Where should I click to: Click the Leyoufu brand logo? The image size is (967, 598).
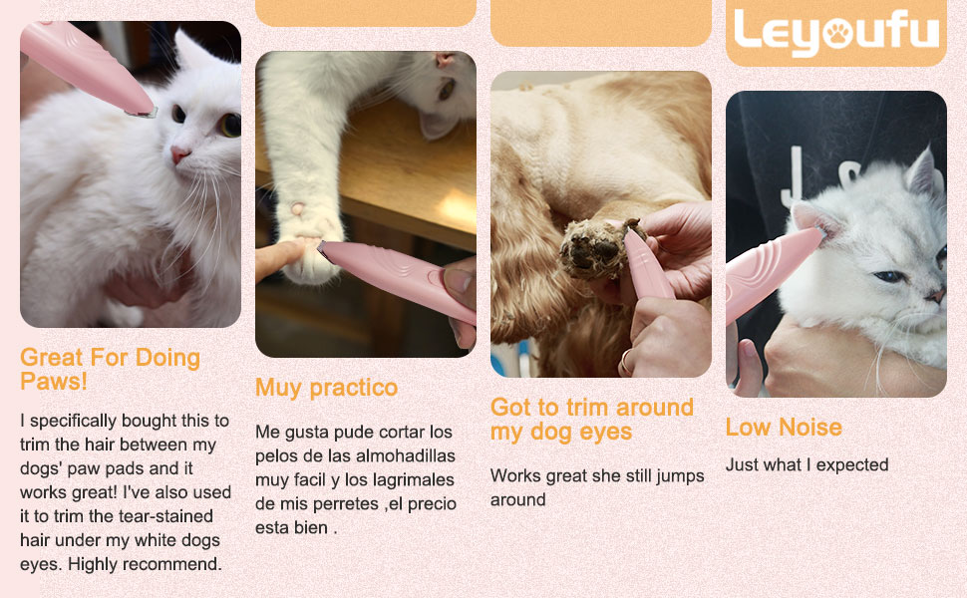836,32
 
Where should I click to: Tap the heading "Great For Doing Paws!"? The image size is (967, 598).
110,370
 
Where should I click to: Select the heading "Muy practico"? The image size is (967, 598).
326,388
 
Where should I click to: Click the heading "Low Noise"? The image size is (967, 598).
784,428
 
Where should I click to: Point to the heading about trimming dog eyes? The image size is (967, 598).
592,420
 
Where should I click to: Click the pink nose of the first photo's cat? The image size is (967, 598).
179,153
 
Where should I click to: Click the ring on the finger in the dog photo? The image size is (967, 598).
626,361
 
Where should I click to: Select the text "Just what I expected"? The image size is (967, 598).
806,464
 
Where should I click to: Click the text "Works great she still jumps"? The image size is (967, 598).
597,476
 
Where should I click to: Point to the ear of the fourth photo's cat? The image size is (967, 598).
921,171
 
